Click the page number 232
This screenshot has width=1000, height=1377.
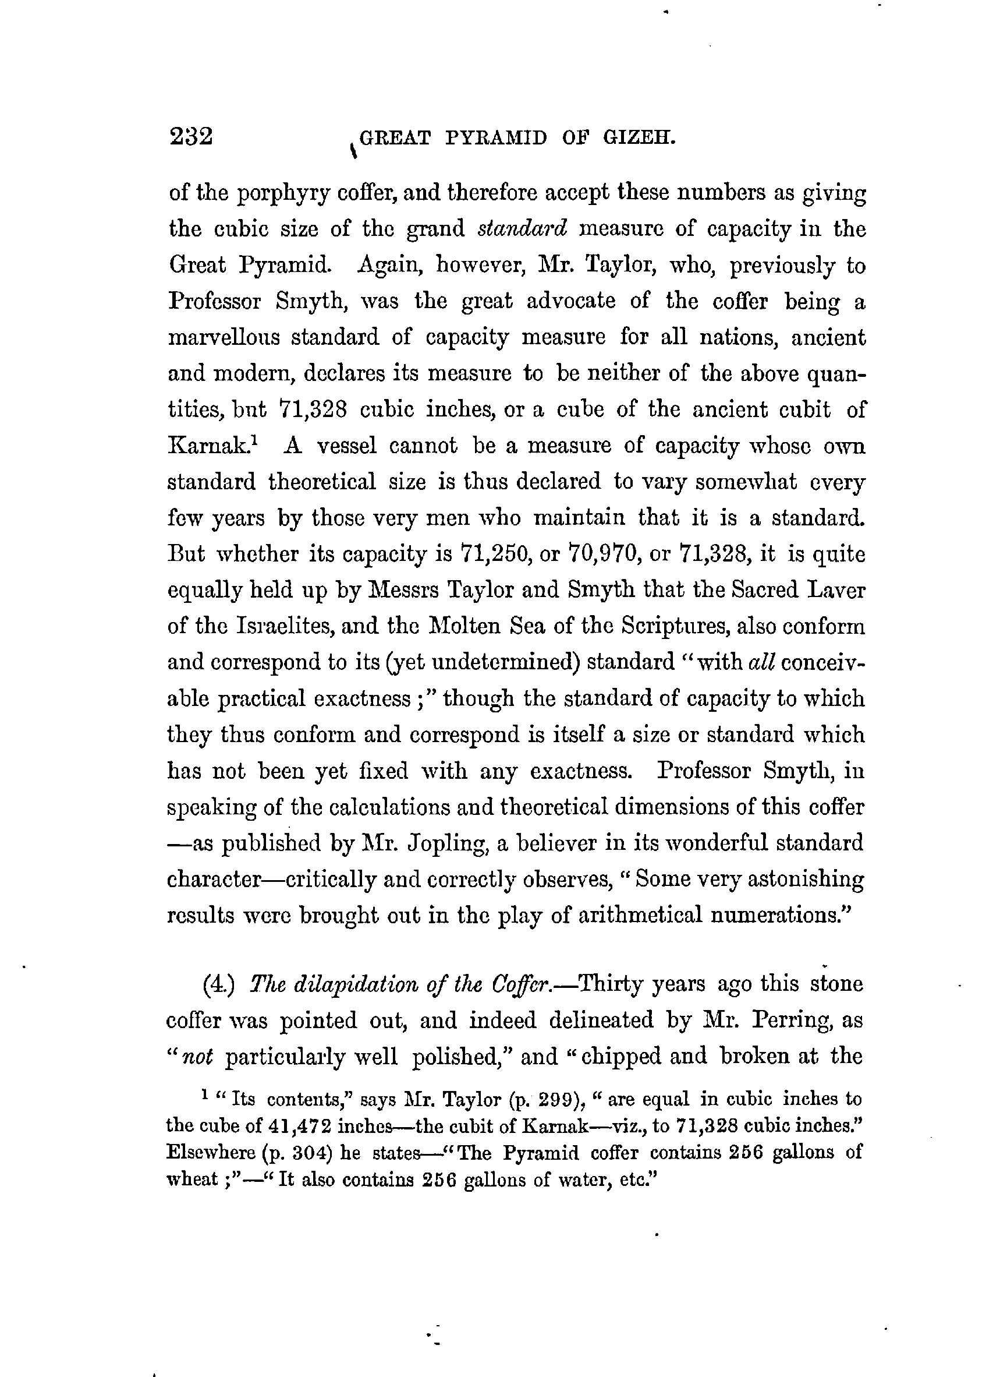(x=191, y=137)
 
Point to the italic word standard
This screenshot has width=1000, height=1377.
(x=523, y=229)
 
